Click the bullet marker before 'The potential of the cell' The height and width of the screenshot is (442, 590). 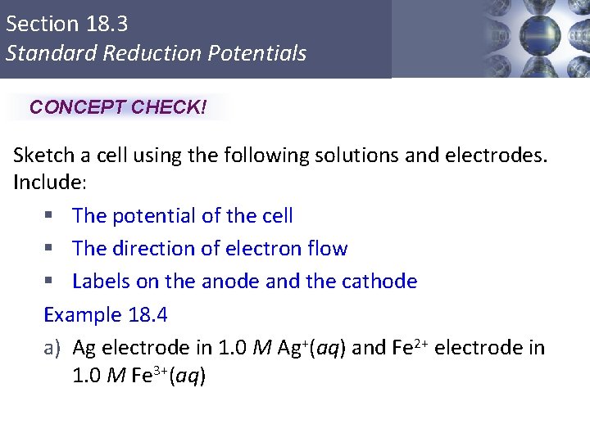tap(49, 216)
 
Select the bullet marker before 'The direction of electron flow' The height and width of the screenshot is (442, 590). tap(49, 249)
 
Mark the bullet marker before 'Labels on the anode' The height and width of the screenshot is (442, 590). tap(49, 282)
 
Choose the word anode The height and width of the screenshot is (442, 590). tap(229, 282)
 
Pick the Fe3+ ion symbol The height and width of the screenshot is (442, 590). tap(148, 376)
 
